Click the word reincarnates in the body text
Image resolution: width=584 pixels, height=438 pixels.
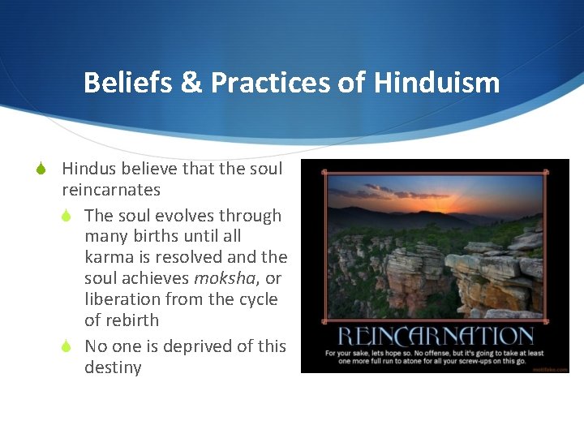(111, 190)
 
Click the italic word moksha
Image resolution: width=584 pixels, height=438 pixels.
(220, 278)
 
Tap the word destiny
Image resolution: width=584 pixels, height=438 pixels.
(113, 367)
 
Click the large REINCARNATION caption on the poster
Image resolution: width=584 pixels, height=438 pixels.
(436, 337)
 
